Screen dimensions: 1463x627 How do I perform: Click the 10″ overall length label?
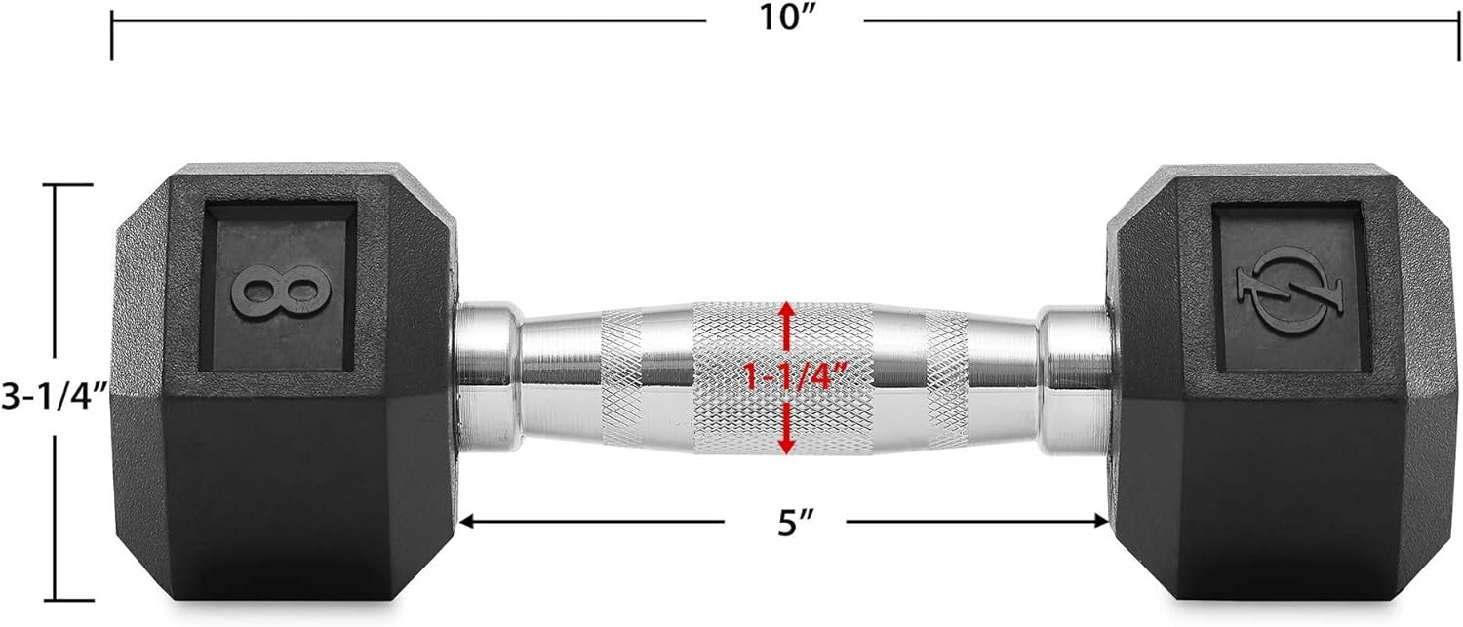[788, 19]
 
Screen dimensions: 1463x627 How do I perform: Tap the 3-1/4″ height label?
[54, 396]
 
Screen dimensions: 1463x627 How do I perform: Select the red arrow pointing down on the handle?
[786, 427]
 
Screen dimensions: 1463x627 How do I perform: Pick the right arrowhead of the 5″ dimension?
[1100, 521]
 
